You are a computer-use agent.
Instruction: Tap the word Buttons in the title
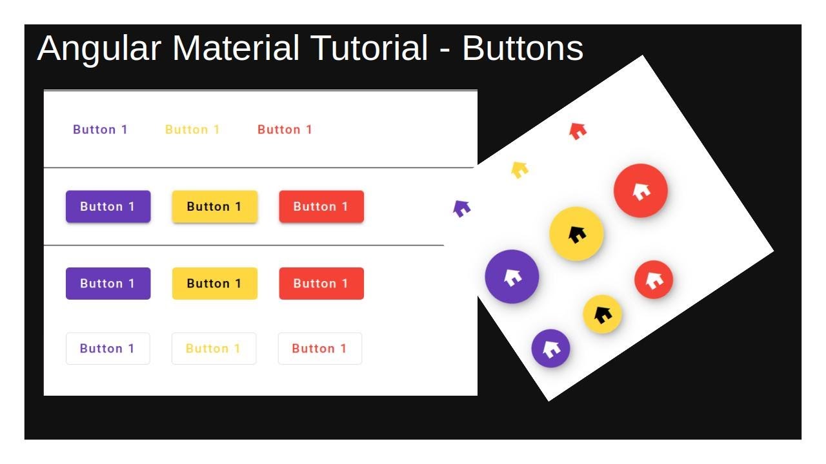coord(523,49)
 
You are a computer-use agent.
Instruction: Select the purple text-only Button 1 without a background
coord(100,130)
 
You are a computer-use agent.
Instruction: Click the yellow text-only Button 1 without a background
coord(192,130)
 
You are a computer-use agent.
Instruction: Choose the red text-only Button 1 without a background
coord(285,130)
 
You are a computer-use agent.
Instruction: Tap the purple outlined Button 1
coord(108,349)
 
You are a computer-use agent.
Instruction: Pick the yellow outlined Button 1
coord(214,349)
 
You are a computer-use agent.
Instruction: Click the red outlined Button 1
coord(319,349)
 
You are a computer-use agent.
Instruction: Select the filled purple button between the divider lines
coord(108,207)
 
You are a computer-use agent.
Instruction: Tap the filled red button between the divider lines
coord(321,207)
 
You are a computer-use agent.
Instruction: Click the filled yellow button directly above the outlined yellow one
coord(214,284)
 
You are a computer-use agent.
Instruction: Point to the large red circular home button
coord(640,191)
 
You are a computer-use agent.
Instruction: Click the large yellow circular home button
coord(576,234)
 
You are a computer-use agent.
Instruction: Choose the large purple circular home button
coord(512,276)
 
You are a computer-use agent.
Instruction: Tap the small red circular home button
coord(654,280)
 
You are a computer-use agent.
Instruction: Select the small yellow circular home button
coord(602,314)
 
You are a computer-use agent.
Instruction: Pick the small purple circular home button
coord(550,348)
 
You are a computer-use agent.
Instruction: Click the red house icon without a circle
coord(578,131)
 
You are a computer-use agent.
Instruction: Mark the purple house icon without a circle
coord(461,208)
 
